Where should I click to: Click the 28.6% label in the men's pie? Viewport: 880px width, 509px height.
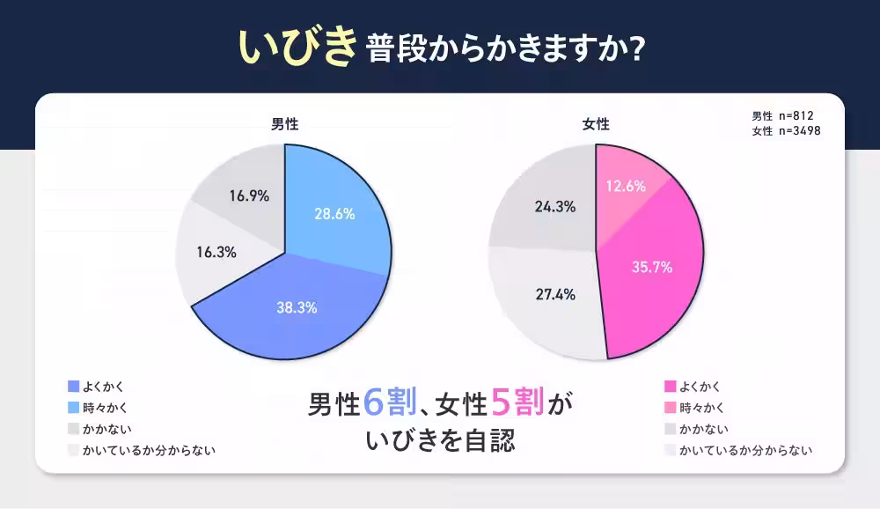334,214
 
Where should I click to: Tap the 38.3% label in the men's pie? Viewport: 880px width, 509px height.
296,307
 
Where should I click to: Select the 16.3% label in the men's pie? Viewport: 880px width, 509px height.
216,252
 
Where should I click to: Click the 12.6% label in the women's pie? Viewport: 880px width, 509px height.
626,186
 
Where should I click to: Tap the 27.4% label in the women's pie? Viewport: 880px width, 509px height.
554,294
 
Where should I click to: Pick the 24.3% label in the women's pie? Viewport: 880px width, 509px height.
554,207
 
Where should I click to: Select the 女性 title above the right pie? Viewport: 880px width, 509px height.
596,124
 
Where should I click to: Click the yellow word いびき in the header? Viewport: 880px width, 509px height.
296,49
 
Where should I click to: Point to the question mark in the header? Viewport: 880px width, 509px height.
637,50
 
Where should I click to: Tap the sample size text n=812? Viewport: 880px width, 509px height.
800,115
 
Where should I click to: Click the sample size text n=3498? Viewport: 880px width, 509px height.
803,131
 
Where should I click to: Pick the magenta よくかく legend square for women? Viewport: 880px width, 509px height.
671,386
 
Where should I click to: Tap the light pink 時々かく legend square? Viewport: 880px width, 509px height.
671,407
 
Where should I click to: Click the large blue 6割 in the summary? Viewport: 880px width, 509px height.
386,403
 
